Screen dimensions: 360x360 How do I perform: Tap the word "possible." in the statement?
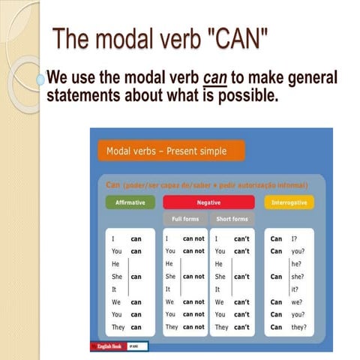(x=247, y=96)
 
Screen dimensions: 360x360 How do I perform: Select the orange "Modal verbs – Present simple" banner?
(x=170, y=151)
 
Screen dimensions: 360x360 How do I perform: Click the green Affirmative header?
(x=130, y=202)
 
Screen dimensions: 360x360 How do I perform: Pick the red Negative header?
(x=208, y=202)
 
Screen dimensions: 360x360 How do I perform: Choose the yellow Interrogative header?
(x=289, y=202)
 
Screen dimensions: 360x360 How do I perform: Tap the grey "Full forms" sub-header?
(x=184, y=219)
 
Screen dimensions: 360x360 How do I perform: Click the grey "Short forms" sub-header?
(x=232, y=219)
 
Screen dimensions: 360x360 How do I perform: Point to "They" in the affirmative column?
(x=116, y=327)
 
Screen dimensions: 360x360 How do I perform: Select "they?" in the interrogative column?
(x=299, y=327)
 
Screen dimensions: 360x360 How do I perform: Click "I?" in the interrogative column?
(x=294, y=238)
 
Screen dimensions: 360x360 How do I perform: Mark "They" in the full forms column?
(x=172, y=327)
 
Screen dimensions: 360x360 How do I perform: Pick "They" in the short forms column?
(x=222, y=327)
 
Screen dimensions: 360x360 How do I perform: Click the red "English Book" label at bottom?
(x=109, y=346)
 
